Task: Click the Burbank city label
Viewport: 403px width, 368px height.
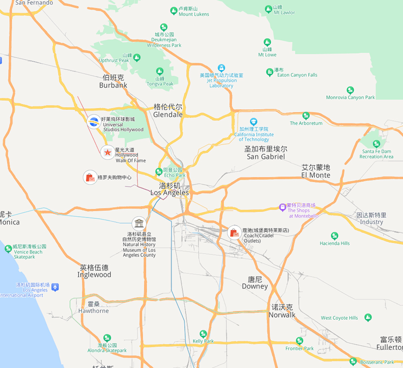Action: pos(113,81)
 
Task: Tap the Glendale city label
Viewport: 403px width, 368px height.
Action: pos(168,111)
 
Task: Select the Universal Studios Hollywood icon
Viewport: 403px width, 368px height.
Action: pos(93,122)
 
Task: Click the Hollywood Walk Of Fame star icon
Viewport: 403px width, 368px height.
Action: pos(108,152)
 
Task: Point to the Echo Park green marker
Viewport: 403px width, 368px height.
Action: pos(159,172)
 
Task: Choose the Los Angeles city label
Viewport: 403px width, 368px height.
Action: pos(170,189)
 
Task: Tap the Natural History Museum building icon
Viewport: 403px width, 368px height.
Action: pos(139,224)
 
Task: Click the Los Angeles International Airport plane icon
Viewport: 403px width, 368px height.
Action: pos(55,287)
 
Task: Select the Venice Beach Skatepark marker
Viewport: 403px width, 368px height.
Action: pos(8,249)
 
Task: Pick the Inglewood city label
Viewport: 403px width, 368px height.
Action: pos(94,271)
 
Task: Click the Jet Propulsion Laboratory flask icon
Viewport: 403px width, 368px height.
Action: pos(221,68)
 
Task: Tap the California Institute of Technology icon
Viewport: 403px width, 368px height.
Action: pos(253,122)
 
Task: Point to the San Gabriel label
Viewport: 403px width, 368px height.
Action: pos(266,153)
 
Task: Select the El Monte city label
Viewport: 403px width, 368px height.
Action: pos(316,171)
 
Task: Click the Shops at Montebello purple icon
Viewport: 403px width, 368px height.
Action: pos(283,207)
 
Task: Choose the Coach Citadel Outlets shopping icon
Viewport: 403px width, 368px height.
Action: pos(234,233)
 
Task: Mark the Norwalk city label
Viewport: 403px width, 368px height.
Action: pos(282,311)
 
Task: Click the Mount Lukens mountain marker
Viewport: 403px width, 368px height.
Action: pos(174,11)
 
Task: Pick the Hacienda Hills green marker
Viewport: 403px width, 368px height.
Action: pos(335,236)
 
